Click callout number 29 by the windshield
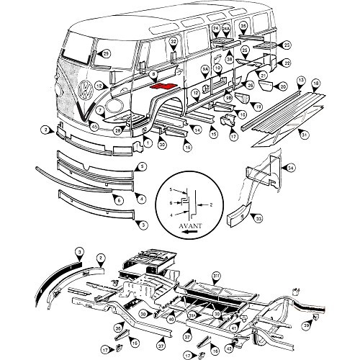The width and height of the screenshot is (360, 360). click(106, 53)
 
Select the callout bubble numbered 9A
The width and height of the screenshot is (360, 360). click(204, 70)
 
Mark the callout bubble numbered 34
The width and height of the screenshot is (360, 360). click(291, 168)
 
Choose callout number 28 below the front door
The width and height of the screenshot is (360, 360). click(117, 130)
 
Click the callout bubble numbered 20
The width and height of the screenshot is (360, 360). click(283, 86)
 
